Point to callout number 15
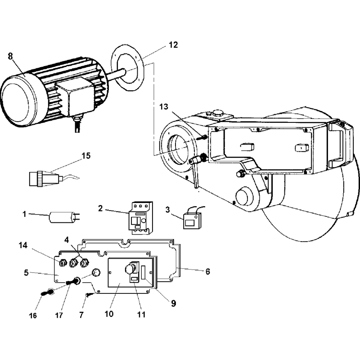coord(85,156)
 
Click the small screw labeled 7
coord(89,295)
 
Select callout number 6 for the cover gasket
coord(207,271)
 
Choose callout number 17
coord(59,315)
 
